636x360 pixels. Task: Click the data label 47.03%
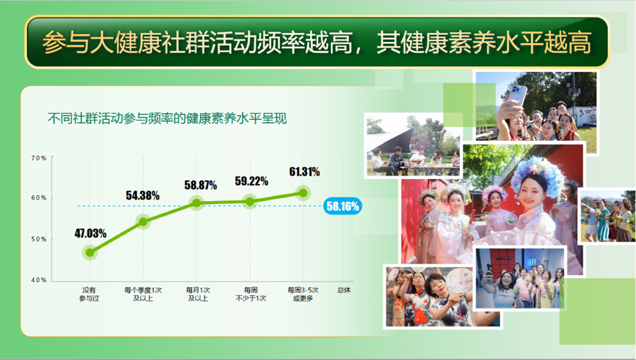tap(90, 234)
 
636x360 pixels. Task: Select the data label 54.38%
tap(143, 195)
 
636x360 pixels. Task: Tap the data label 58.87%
tap(200, 185)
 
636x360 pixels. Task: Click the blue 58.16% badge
tap(342, 206)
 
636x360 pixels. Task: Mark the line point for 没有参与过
tap(90, 253)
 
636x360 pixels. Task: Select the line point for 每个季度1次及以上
tap(143, 222)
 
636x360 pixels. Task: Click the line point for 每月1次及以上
tap(196, 203)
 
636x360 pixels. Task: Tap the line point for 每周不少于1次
tap(250, 202)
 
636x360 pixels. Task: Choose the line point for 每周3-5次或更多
tap(303, 193)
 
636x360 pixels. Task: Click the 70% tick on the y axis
tap(39, 158)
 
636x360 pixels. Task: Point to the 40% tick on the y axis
tap(39, 281)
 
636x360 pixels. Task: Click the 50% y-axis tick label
tap(39, 240)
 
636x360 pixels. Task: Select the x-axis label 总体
tap(344, 290)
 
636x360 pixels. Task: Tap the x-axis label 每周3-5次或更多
tap(303, 294)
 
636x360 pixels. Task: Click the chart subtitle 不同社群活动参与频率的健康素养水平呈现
tap(167, 119)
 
